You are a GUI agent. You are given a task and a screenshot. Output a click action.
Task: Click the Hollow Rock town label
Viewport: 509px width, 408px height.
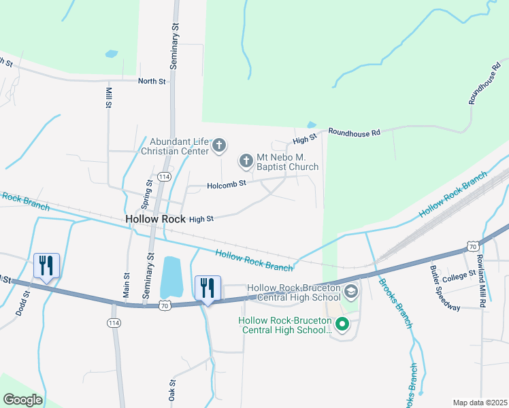156,219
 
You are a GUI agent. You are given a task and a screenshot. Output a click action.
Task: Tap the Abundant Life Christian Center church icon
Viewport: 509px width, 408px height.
219,145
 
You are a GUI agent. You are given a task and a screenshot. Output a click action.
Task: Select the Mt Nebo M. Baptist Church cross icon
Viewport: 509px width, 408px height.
246,161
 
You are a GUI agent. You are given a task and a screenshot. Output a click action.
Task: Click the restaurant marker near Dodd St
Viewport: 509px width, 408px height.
46,266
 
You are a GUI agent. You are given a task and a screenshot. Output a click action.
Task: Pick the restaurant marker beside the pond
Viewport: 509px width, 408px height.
208,288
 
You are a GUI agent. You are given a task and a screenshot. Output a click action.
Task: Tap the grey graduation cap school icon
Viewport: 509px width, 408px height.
351,293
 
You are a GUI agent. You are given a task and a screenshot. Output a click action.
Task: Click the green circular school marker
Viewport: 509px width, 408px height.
343,325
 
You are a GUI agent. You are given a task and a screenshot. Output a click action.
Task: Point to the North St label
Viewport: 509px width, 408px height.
152,82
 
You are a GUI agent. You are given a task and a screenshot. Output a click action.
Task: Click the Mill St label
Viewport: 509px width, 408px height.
108,97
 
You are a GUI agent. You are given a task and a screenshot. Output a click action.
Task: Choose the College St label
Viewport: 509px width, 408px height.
459,276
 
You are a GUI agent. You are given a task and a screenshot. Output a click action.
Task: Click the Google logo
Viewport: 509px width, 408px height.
22,399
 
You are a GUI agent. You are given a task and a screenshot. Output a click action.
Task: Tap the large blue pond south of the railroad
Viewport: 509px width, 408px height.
170,277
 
